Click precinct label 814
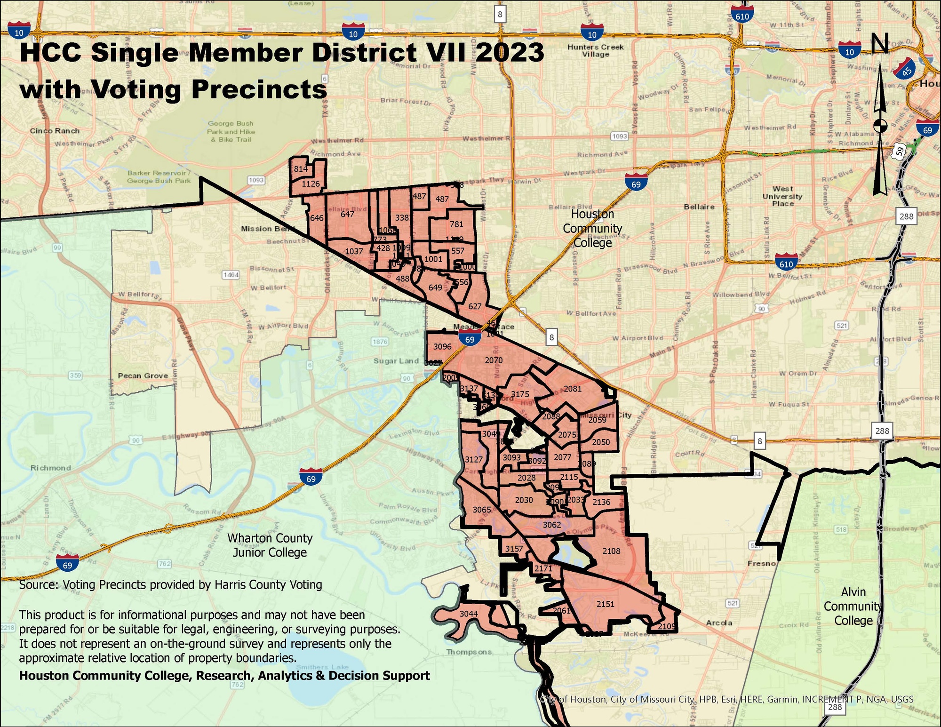pyautogui.click(x=301, y=169)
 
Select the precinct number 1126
pyautogui.click(x=311, y=184)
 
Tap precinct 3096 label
pyautogui.click(x=442, y=347)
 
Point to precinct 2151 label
pyautogui.click(x=605, y=604)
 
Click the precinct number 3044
pyautogui.click(x=469, y=614)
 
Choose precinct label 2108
pyautogui.click(x=611, y=551)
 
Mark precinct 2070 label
pyautogui.click(x=494, y=360)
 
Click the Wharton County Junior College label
pyautogui.click(x=270, y=545)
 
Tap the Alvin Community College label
pyautogui.click(x=853, y=606)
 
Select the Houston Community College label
pyautogui.click(x=592, y=228)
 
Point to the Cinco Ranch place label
pyautogui.click(x=55, y=131)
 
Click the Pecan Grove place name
pyautogui.click(x=143, y=375)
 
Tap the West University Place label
pyautogui.click(x=782, y=196)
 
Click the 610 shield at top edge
pyautogui.click(x=742, y=16)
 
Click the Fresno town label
pyautogui.click(x=761, y=563)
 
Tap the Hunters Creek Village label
pyautogui.click(x=595, y=51)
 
